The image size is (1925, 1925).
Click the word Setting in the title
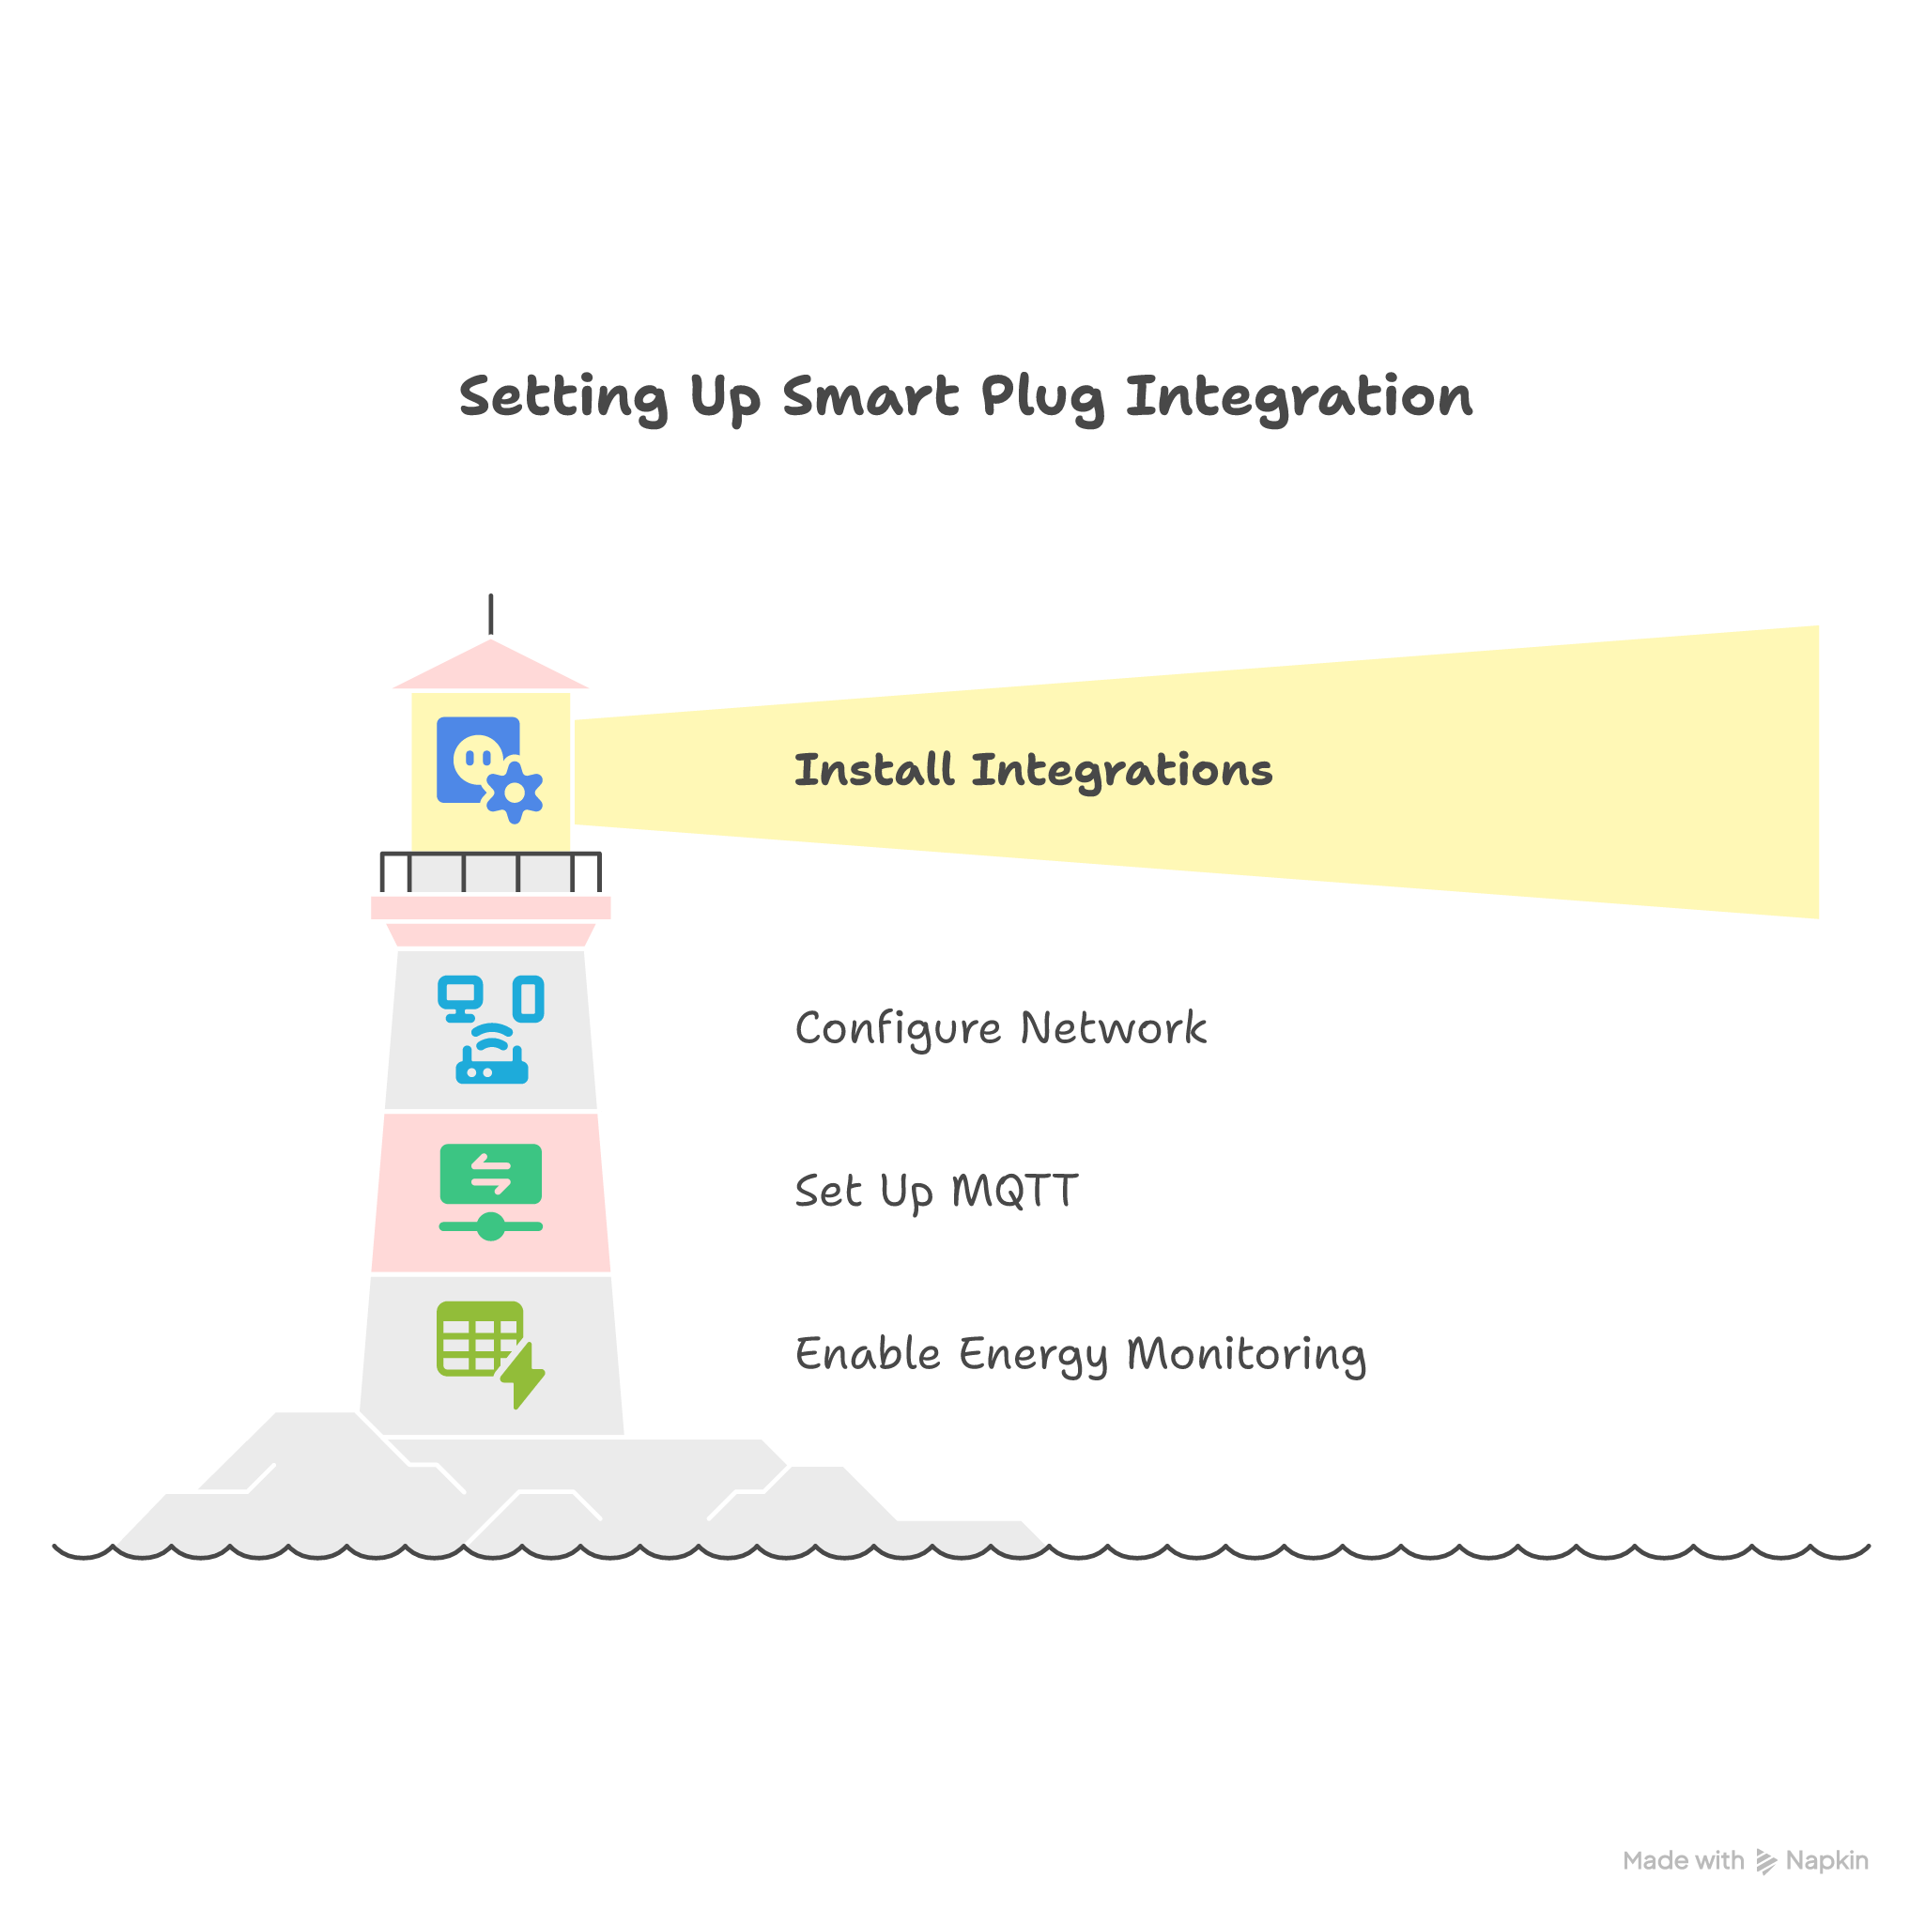coord(563,397)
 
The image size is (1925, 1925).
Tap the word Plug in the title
coord(1041,397)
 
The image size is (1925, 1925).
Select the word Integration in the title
coord(1299,397)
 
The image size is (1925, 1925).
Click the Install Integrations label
coord(1032,770)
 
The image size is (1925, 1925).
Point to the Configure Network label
coord(1000,1028)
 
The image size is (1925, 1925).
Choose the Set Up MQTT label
coord(935,1191)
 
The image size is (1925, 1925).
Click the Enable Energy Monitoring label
coord(1080,1354)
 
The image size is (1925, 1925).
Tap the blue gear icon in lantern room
coord(515,793)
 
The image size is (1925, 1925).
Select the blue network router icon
coord(491,1058)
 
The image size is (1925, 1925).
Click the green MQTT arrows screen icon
coord(490,1174)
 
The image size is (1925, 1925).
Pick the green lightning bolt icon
coord(523,1375)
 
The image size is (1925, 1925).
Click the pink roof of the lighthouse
coord(490,666)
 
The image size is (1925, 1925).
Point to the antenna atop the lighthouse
coord(490,612)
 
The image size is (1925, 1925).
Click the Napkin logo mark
coord(1765,1861)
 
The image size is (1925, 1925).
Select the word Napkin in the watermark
coord(1826,1860)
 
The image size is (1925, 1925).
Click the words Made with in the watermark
coord(1683,1860)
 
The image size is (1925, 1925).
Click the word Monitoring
coord(1245,1354)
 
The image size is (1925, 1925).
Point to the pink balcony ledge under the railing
coord(490,908)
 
